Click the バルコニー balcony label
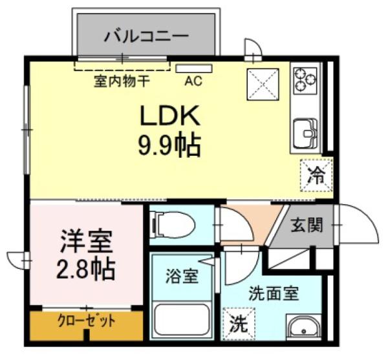pos(146,36)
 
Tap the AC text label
pos(193,81)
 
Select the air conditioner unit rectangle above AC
pos(194,69)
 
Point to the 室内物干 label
pos(122,81)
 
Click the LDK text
pos(170,116)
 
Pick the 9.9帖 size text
pos(169,145)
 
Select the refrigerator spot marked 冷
pos(316,175)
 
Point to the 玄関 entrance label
pos(307,226)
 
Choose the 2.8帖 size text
pos(86,269)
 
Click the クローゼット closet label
pos(87,321)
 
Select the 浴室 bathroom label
pos(182,276)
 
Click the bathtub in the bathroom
pos(182,319)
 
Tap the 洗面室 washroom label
pos(274,293)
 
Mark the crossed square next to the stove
pos(263,84)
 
